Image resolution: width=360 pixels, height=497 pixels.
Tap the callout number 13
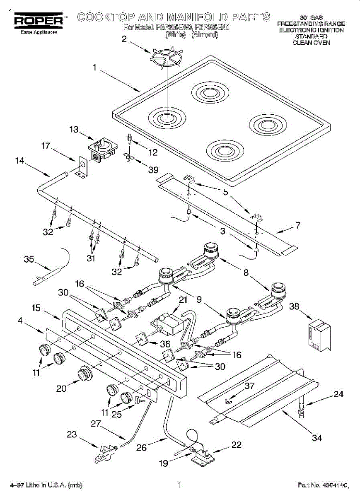click(x=74, y=130)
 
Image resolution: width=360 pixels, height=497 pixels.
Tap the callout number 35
click(x=29, y=260)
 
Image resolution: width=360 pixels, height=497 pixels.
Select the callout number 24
click(x=338, y=394)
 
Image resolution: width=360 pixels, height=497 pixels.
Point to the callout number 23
click(x=72, y=435)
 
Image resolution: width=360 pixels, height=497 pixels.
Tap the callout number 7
click(x=298, y=226)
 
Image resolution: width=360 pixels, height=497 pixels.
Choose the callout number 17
click(x=46, y=146)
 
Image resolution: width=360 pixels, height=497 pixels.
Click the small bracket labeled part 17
click(x=81, y=169)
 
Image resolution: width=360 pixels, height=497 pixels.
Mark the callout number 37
click(x=249, y=386)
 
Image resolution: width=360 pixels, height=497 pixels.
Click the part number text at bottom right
click(x=321, y=485)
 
